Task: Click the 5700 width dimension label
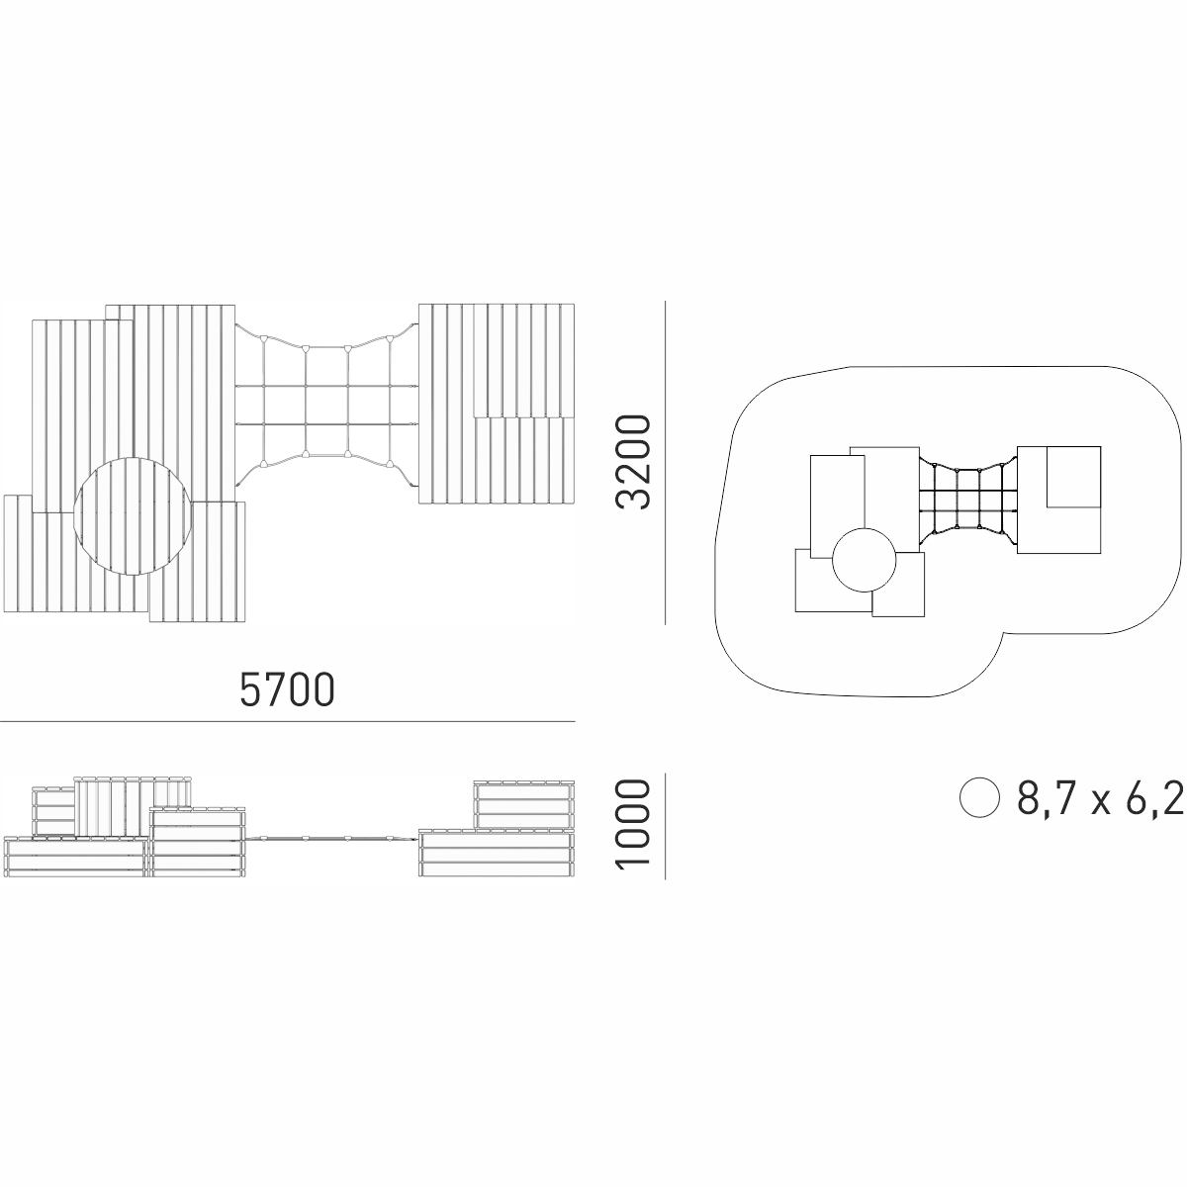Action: (x=287, y=689)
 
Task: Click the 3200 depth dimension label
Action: (x=633, y=462)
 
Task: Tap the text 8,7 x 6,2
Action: (x=1100, y=797)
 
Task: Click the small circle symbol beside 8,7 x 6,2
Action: (x=979, y=797)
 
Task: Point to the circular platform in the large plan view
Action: (x=133, y=515)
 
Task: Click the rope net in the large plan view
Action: (x=327, y=405)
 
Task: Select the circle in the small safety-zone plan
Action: (x=864, y=560)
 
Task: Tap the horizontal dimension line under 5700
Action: (x=288, y=721)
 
